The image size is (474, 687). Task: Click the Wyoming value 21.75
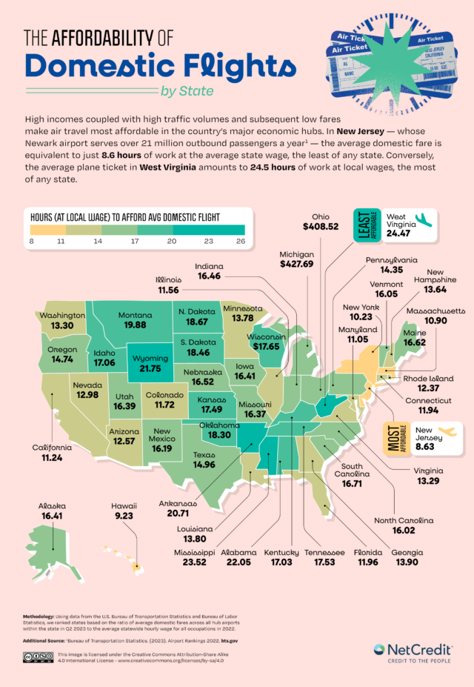(150, 368)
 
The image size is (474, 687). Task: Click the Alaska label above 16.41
(51, 507)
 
